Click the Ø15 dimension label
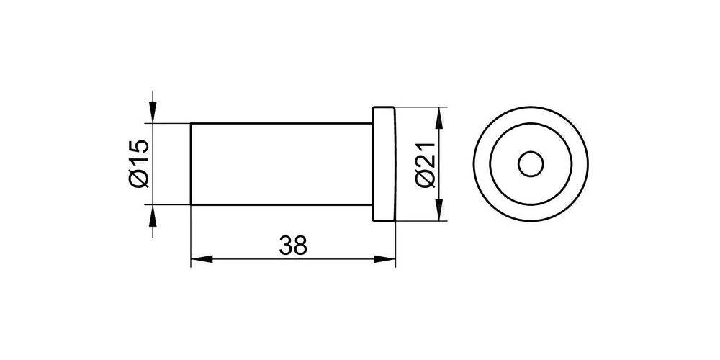pyautogui.click(x=138, y=164)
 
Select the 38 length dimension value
pyautogui.click(x=293, y=246)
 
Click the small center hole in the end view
pyautogui.click(x=531, y=164)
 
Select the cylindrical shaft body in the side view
pyautogui.click(x=281, y=164)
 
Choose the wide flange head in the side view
pyautogui.click(x=384, y=164)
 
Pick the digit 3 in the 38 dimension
pyautogui.click(x=286, y=246)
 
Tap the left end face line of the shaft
pyautogui.click(x=191, y=164)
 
